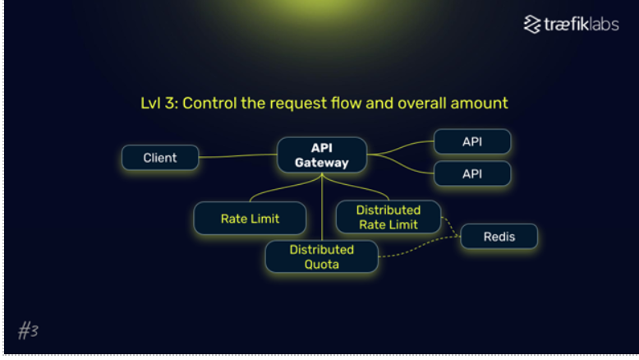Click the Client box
(160, 157)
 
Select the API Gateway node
(322, 155)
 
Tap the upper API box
(472, 141)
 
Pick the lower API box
(472, 173)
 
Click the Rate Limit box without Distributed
(250, 219)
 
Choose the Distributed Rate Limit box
(388, 217)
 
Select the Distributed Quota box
(322, 257)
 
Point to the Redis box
(499, 237)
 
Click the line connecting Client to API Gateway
(238, 155)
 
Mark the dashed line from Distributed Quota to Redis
(420, 247)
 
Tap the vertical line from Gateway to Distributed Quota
(322, 206)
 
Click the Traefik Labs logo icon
(532, 25)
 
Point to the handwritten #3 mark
(28, 330)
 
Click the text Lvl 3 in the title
(159, 103)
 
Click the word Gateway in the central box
(322, 163)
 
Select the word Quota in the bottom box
(322, 265)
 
